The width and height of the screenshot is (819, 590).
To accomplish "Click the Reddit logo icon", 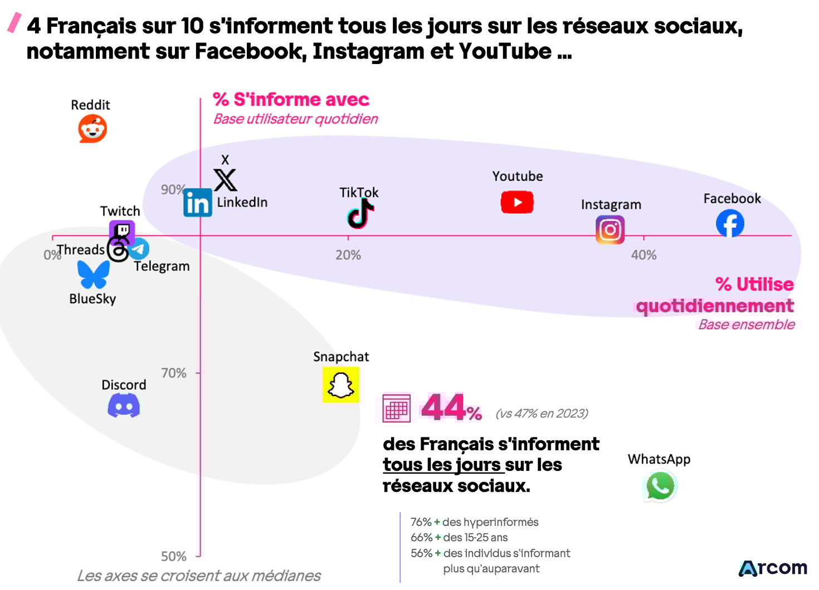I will (92, 129).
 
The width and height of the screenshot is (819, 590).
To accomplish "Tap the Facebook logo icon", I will (730, 223).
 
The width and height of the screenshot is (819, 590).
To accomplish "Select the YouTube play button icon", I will (517, 202).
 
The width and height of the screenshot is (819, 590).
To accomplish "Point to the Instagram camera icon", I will (610, 230).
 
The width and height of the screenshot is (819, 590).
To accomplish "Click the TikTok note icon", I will (360, 214).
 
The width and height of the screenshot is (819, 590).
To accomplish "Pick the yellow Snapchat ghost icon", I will (340, 385).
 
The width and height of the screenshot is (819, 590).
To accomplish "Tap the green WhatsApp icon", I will (660, 486).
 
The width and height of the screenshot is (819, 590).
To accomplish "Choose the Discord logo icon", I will (124, 405).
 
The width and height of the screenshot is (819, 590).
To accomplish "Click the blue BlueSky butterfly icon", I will (94, 274).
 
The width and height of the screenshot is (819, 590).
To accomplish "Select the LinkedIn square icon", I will (198, 203).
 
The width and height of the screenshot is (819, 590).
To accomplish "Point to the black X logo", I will (226, 180).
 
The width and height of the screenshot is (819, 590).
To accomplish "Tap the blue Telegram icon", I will (140, 249).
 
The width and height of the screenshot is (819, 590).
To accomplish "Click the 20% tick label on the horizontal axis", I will (348, 255).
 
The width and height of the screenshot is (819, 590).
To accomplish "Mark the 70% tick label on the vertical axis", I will (174, 373).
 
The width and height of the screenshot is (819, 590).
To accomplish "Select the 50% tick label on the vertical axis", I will (174, 556).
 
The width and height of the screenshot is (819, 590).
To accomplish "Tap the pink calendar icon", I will (396, 408).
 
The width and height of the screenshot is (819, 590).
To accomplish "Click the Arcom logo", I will (773, 568).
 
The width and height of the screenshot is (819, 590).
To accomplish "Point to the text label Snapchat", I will (341, 357).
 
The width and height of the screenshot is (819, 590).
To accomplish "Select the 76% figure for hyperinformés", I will (421, 522).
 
